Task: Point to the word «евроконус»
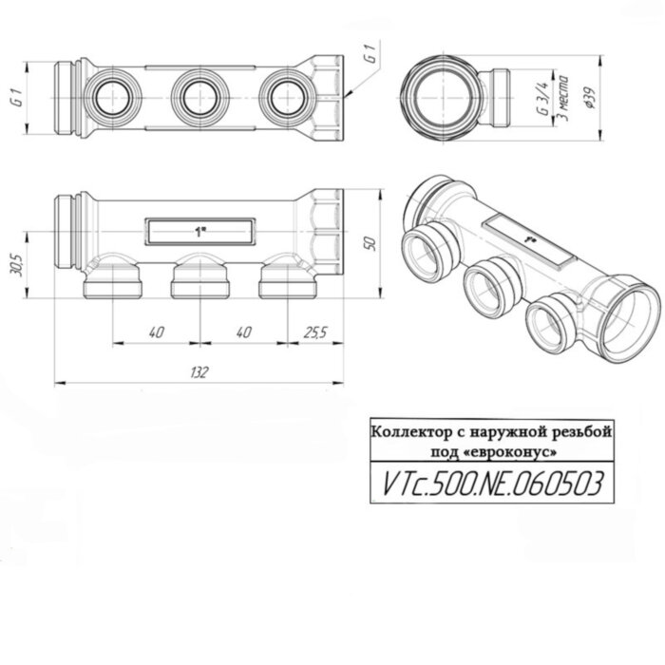click(x=505, y=449)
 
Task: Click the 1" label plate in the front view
click(x=199, y=231)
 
